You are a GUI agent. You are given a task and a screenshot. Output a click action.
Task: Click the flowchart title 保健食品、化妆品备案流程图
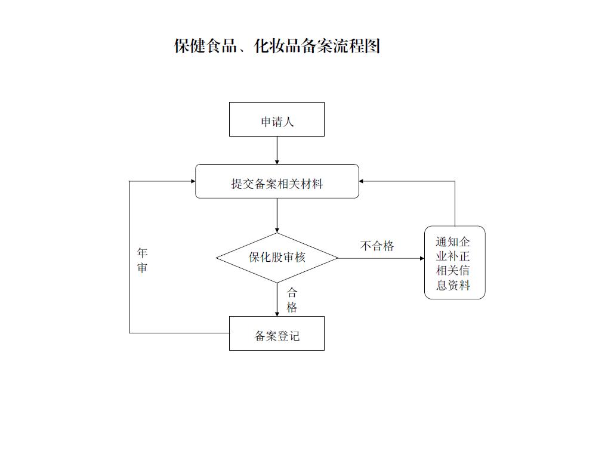pos(277,46)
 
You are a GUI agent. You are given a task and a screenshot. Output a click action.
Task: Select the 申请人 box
pos(277,119)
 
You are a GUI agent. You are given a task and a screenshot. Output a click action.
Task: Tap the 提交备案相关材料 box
pos(277,181)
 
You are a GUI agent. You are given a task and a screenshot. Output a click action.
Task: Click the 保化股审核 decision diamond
pos(277,258)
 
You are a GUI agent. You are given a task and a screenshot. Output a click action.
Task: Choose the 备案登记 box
pos(277,333)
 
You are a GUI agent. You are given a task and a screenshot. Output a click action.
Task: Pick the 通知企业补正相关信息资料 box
pos(455,262)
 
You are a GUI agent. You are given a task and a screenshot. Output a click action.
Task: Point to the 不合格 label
pos(377,246)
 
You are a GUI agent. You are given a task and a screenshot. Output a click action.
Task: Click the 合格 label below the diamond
pos(292,300)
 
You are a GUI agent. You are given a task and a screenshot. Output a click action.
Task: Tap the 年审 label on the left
pos(142,260)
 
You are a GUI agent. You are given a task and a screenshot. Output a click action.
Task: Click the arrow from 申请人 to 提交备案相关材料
pos(277,150)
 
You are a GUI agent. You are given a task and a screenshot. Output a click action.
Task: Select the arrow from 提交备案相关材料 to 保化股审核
pos(277,215)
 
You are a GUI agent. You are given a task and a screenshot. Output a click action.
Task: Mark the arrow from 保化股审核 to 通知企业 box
pos(381,258)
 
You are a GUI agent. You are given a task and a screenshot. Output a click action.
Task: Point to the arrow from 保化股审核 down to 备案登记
pos(277,299)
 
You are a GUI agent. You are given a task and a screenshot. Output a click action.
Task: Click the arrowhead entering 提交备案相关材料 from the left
pos(193,181)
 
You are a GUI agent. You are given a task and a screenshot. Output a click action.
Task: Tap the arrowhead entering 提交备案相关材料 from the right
pos(361,181)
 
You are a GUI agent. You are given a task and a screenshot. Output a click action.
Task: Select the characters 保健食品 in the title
pos(205,46)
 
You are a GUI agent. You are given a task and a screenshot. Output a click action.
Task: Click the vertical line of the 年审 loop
pos(129,257)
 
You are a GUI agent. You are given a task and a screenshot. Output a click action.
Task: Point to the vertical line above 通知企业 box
pos(455,204)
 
